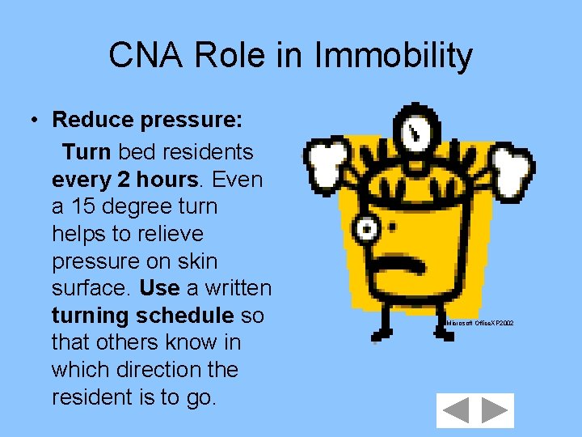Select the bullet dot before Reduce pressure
pyautogui.click(x=35, y=121)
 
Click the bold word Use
pyautogui.click(x=159, y=288)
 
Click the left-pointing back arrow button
pyautogui.click(x=457, y=410)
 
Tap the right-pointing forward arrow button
pyautogui.click(x=494, y=410)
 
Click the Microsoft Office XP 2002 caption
pyautogui.click(x=479, y=323)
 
